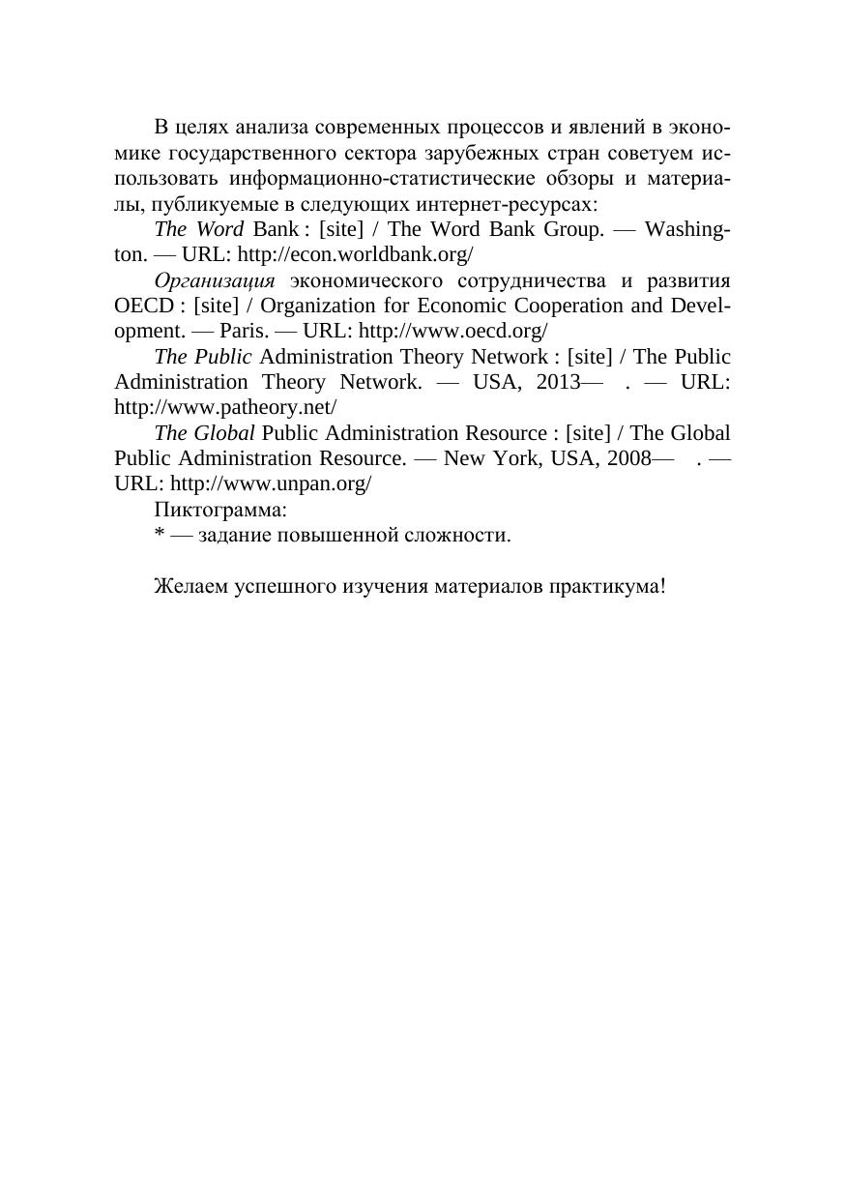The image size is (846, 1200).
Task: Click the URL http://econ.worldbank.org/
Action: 355,255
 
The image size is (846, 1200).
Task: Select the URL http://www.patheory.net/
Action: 225,406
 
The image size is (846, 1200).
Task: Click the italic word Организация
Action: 215,281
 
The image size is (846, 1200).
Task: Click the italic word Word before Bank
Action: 219,230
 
